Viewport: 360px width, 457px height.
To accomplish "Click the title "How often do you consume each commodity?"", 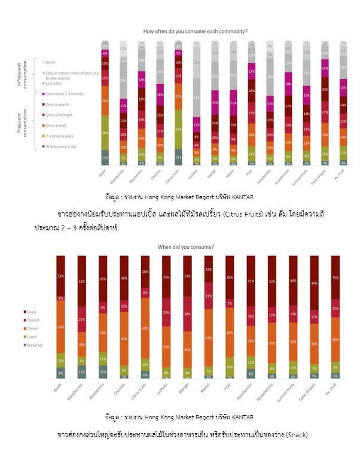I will [x=196, y=31].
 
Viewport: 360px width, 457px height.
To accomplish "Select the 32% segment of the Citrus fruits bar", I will [x=178, y=129].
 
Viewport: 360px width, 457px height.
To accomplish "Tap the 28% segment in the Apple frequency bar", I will [x=105, y=132].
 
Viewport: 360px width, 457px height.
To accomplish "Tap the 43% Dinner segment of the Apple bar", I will [x=60, y=327].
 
